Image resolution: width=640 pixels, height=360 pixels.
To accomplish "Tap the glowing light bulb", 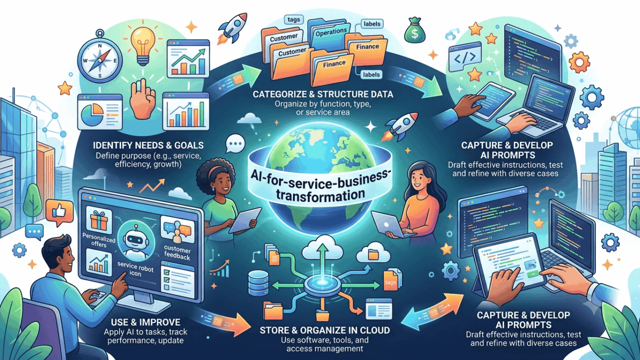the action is click(x=143, y=45).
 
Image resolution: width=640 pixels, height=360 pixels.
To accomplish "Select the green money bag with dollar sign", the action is click(x=415, y=30).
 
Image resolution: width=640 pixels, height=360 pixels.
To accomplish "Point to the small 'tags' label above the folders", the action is click(x=293, y=19).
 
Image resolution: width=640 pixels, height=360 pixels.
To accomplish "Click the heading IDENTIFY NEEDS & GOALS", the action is click(x=148, y=145).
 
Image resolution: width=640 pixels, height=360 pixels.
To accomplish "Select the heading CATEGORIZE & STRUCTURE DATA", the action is click(x=323, y=94).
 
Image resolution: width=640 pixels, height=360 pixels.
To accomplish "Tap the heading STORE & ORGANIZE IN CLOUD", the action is click(x=325, y=330).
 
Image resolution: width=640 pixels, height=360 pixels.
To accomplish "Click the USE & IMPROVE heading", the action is click(x=145, y=322).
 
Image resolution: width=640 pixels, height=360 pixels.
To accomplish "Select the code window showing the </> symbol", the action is click(x=465, y=57).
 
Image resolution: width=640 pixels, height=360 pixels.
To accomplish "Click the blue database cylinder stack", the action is click(x=258, y=283).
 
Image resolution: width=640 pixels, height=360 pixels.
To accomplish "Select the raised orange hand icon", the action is click(x=142, y=98).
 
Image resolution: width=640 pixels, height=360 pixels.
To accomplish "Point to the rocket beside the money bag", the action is click(x=232, y=28).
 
